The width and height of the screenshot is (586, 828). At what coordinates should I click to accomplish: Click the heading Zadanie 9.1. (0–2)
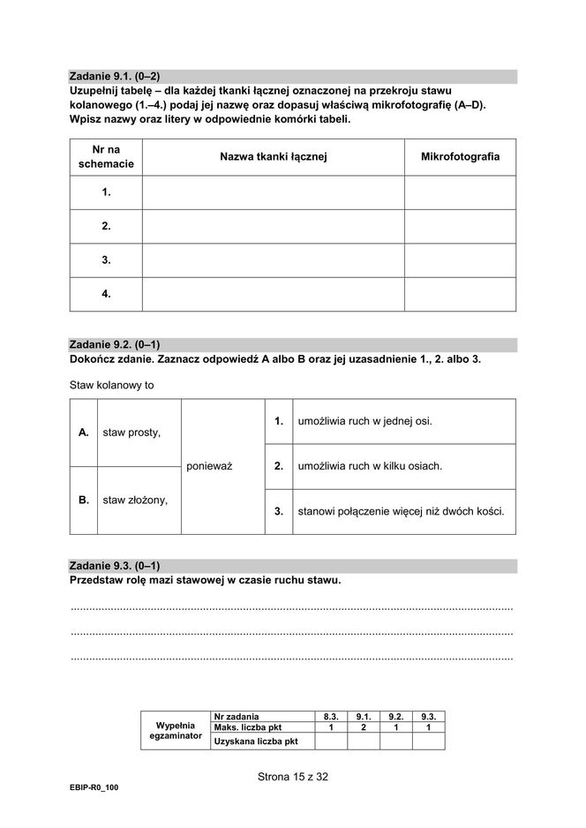click(115, 77)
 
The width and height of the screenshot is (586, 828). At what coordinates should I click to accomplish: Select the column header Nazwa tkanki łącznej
click(274, 156)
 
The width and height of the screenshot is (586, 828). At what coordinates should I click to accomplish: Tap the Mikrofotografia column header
click(460, 156)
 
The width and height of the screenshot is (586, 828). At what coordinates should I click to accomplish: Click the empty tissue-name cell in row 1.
click(274, 192)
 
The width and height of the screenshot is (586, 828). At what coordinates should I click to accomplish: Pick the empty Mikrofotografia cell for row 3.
click(460, 260)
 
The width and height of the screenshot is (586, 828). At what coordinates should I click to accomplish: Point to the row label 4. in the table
click(106, 294)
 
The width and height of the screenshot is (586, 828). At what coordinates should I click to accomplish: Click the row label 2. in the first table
click(106, 226)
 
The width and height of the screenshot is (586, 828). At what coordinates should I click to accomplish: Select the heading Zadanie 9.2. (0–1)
click(115, 345)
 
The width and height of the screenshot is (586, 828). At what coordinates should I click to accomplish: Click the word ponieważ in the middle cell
click(209, 466)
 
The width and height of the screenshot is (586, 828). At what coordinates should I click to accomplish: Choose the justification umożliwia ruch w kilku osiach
click(370, 466)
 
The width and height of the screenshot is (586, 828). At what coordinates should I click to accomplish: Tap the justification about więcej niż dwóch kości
click(401, 511)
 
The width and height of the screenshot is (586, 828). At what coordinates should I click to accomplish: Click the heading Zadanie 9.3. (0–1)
click(115, 565)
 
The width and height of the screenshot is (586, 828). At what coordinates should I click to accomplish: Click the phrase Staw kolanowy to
click(112, 385)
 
